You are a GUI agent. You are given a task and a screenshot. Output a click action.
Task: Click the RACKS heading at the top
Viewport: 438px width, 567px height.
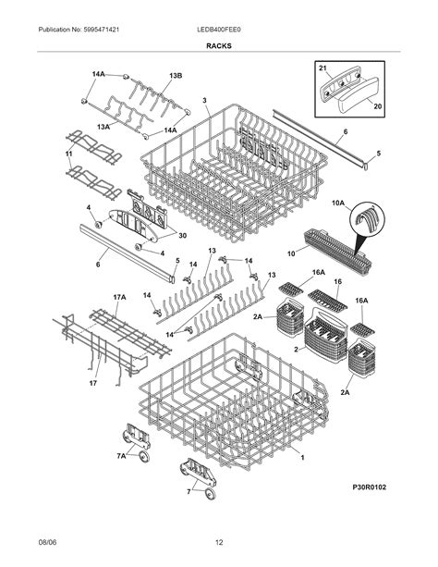pyautogui.click(x=219, y=45)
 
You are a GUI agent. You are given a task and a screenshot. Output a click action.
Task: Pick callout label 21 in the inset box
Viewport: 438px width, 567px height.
pyautogui.click(x=322, y=69)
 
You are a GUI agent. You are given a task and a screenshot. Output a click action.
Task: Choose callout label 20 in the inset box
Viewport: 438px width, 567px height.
pyautogui.click(x=375, y=107)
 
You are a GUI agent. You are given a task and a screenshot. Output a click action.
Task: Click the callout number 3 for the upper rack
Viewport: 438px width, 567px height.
pyautogui.click(x=204, y=101)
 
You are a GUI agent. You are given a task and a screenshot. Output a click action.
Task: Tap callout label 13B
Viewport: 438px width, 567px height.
pyautogui.click(x=175, y=75)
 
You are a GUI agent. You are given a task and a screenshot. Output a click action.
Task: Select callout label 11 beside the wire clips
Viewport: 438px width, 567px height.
pyautogui.click(x=68, y=152)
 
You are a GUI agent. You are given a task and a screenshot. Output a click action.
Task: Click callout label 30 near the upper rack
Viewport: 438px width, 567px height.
pyautogui.click(x=181, y=235)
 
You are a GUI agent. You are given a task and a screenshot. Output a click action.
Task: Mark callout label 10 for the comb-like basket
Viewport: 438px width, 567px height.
pyautogui.click(x=290, y=253)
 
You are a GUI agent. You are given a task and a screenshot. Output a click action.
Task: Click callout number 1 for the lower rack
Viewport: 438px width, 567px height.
pyautogui.click(x=304, y=456)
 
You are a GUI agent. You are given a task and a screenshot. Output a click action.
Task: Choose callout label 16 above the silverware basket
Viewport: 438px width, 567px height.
pyautogui.click(x=338, y=281)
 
